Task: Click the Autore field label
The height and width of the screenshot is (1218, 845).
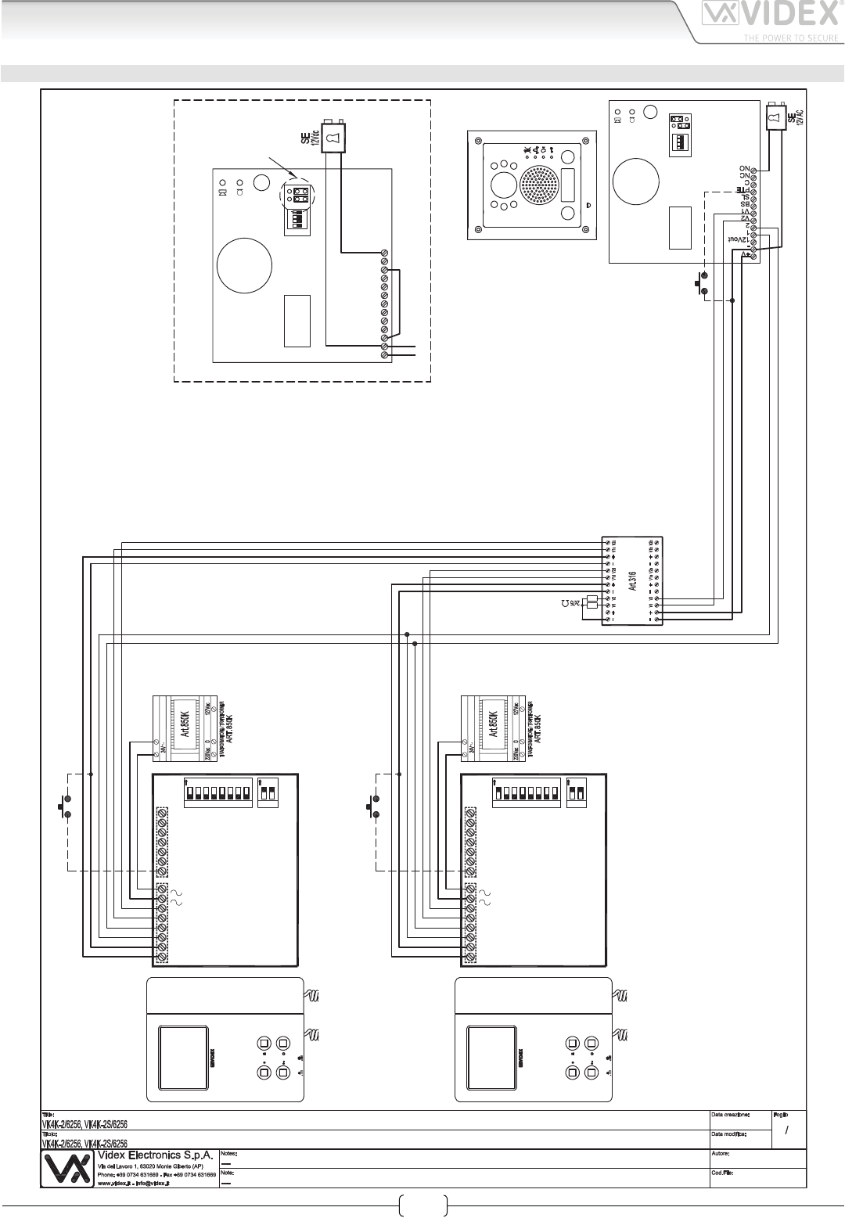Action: [x=721, y=1153]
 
